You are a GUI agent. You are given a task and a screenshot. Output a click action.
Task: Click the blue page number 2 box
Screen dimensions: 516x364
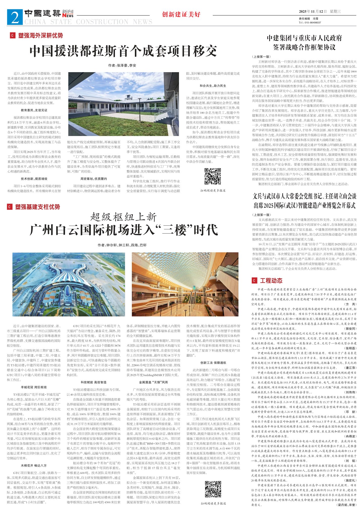pos(15,17)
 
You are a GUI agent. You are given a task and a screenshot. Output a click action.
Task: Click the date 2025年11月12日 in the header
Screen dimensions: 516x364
pos(313,11)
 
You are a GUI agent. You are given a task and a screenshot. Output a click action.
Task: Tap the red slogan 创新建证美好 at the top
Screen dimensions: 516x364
pos(181,14)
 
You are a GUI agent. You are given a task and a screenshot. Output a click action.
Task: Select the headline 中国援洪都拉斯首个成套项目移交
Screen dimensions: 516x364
pos(123,51)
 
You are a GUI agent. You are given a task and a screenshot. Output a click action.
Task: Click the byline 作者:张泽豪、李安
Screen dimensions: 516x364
pos(122,65)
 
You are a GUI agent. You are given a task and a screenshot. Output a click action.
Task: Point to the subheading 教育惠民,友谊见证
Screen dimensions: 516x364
pos(34,110)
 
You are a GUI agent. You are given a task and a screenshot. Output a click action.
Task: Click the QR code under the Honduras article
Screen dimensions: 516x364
pos(213,176)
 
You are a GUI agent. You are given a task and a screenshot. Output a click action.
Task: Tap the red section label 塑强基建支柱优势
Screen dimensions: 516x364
pos(37,207)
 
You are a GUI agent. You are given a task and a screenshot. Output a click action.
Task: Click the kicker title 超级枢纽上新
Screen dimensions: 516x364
pos(124,217)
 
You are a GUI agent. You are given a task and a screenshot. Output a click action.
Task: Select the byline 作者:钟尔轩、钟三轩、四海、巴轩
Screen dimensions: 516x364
pos(122,245)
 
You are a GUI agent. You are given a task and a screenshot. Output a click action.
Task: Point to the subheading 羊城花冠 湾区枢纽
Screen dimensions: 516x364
pos(34,387)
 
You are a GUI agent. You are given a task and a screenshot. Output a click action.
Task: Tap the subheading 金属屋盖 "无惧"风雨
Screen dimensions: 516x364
pos(153,382)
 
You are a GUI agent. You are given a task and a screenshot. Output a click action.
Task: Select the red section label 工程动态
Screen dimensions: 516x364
pos(271,281)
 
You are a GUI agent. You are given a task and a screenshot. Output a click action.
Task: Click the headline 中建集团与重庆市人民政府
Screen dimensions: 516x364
pos(304,38)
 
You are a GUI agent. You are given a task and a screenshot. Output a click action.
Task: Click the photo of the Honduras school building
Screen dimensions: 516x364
pos(124,104)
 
